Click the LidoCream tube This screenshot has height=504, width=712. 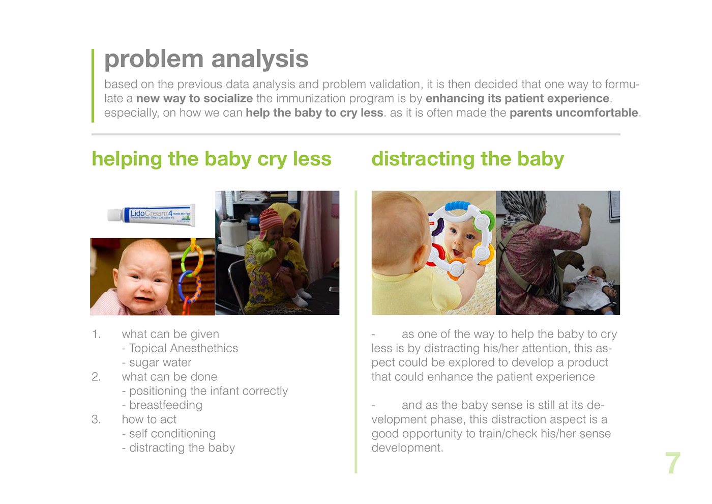152,215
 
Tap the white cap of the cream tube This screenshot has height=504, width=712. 114,215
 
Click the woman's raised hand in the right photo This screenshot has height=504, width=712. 584,212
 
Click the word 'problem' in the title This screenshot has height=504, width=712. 154,59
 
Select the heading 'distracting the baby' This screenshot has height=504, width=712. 467,159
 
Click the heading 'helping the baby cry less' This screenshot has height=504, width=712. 212,159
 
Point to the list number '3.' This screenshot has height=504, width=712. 96,419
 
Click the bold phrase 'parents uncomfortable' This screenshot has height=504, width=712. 574,113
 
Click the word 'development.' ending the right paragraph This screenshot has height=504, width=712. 407,447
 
